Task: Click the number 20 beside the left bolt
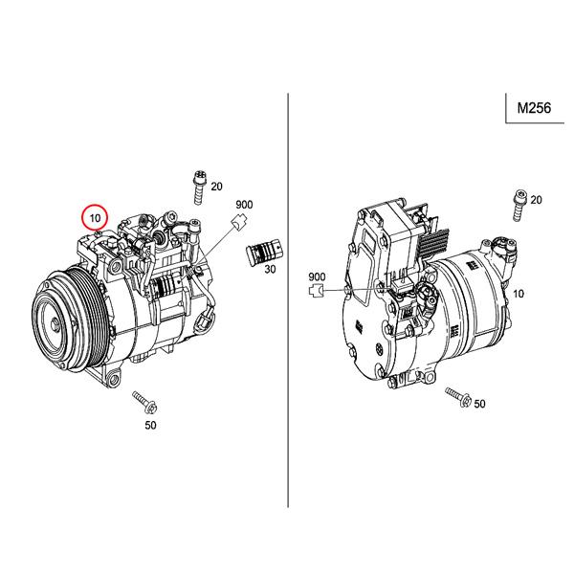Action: click(x=216, y=186)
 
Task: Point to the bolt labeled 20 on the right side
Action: click(x=517, y=204)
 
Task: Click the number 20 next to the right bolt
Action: click(x=535, y=199)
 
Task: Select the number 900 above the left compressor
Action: click(x=244, y=205)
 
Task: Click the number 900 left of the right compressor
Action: click(x=318, y=276)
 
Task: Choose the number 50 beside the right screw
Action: click(x=479, y=404)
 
